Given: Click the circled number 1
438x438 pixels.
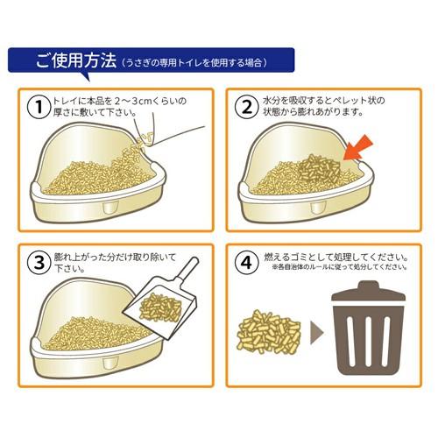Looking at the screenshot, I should [37, 107].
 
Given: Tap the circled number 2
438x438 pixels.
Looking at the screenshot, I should [247, 107].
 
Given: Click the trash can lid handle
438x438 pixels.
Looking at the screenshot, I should [368, 284].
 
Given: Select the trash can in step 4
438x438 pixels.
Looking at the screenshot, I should [368, 333].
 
